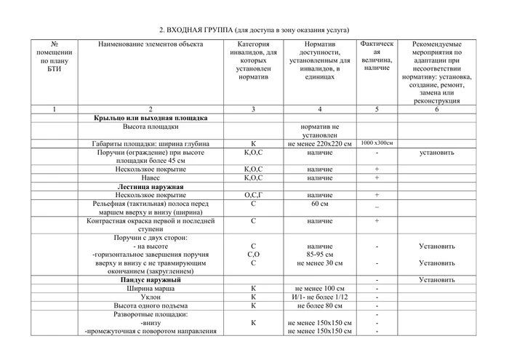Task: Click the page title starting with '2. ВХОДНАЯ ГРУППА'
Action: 254,30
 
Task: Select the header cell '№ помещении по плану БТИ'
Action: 55,57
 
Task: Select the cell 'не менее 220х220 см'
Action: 320,144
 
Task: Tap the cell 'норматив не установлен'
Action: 320,131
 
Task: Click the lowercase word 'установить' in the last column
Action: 436,153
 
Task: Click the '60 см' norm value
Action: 320,204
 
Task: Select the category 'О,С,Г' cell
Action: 252,195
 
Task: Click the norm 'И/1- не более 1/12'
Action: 320,297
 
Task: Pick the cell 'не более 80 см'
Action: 320,305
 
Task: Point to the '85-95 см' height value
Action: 320,255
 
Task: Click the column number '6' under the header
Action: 436,109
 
